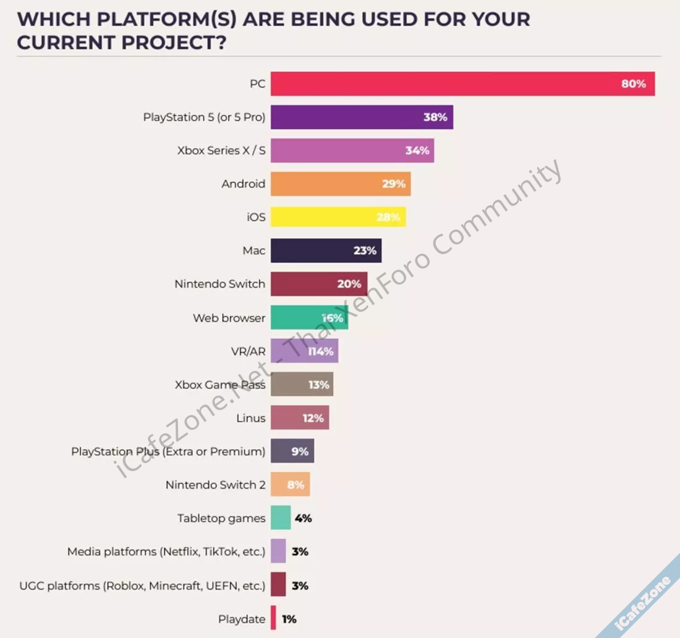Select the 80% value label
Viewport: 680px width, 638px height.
(x=634, y=83)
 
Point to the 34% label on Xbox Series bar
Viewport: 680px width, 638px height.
(x=417, y=150)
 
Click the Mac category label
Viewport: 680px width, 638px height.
(x=253, y=250)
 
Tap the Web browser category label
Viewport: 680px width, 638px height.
(x=229, y=318)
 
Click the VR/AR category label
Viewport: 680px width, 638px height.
(x=248, y=351)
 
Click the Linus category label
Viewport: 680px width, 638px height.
(x=251, y=418)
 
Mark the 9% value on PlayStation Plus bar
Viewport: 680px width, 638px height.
(x=300, y=451)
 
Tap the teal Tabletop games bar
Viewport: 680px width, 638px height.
(x=281, y=518)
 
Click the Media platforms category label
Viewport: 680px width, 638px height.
(x=166, y=551)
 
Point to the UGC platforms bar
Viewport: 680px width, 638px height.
(x=278, y=585)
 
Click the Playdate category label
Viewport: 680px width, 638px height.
(x=242, y=619)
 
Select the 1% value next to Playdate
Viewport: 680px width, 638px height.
(x=289, y=619)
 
